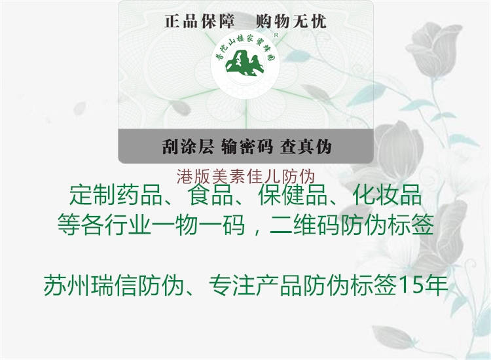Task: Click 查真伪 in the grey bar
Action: (305, 146)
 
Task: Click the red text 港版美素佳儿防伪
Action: (246, 176)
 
